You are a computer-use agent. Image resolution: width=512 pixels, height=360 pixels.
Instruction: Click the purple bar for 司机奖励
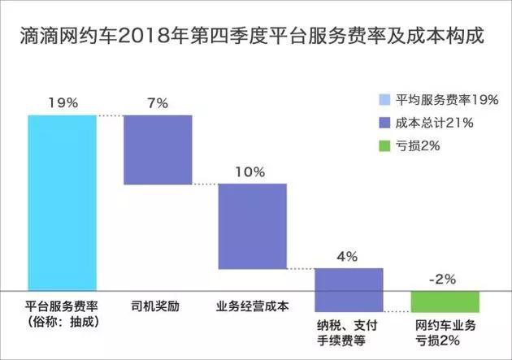tap(157, 150)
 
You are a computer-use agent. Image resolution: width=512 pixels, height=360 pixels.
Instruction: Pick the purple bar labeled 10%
tap(252, 227)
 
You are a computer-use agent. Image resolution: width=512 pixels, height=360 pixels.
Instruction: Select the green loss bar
tap(445, 301)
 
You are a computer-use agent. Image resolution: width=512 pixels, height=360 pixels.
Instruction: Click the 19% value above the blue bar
tap(62, 103)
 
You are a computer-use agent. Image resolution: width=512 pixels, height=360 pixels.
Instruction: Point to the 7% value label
tap(157, 103)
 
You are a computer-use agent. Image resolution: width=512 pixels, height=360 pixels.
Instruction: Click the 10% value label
tap(252, 172)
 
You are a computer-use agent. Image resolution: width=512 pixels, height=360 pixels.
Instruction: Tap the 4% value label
tap(347, 257)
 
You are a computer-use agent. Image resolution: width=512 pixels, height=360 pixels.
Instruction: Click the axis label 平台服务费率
tap(62, 308)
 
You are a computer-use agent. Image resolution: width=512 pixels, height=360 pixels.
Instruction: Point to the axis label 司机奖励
tap(157, 308)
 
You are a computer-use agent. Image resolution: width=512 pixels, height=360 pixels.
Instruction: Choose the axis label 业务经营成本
tap(253, 308)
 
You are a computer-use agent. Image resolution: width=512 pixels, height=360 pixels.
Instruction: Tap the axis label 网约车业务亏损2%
tap(445, 332)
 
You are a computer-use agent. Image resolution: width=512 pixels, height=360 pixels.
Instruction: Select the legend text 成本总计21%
tap(435, 123)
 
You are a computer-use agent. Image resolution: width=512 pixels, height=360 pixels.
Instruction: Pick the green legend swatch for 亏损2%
tap(384, 145)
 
